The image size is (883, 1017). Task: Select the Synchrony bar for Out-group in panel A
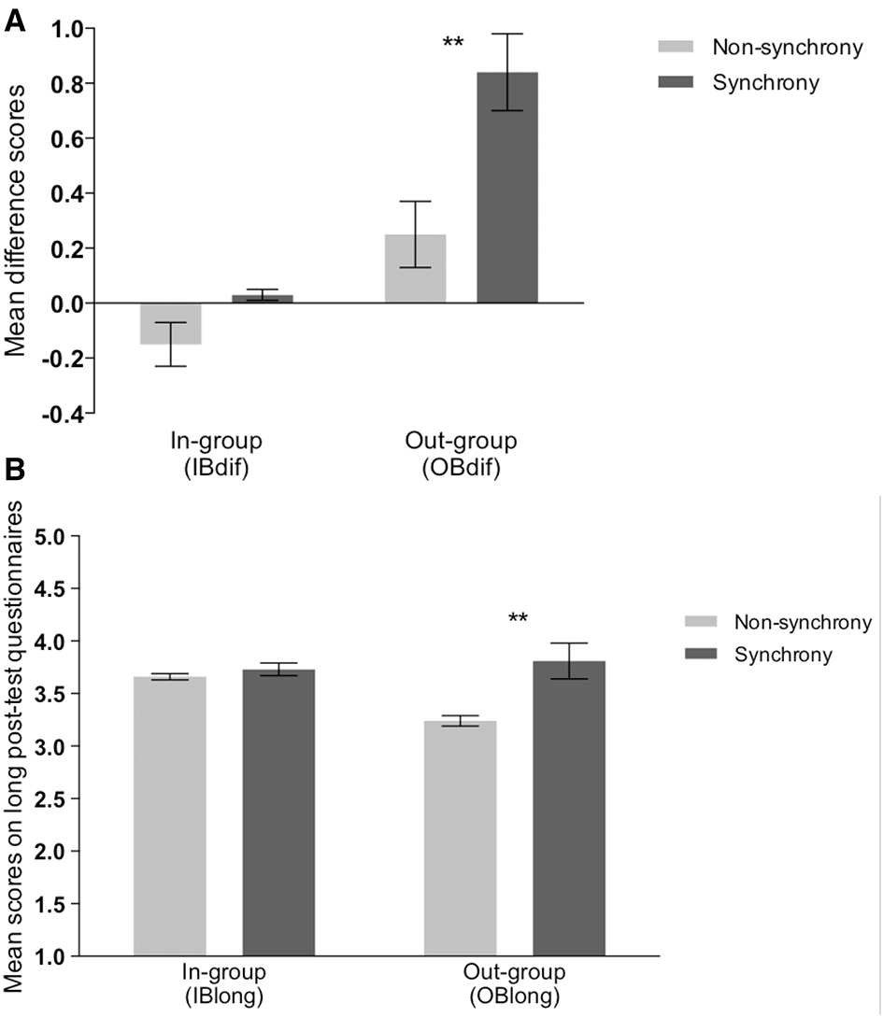tap(507, 187)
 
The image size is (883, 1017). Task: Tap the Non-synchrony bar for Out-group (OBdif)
tap(416, 268)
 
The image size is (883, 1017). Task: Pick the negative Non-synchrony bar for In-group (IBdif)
tap(170, 323)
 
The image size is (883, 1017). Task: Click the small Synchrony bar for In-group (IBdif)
tap(263, 299)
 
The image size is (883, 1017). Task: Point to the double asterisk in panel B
tap(520, 618)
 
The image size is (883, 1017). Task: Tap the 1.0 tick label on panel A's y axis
tap(64, 29)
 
